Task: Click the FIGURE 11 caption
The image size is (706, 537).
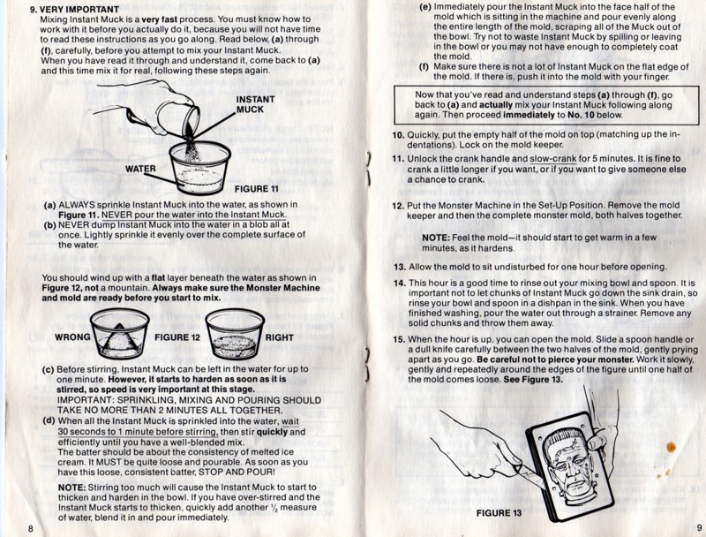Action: coord(256,189)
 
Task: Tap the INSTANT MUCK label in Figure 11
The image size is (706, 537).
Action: coord(255,104)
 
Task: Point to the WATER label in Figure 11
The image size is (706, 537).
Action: coord(140,169)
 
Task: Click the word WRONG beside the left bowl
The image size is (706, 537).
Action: coord(72,337)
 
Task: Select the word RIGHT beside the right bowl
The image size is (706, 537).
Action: coord(279,337)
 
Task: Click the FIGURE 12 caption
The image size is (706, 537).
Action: coord(177,337)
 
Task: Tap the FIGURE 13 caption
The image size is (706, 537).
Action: coord(499,513)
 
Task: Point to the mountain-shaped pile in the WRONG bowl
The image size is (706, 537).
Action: coord(118,340)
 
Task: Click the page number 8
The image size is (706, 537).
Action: coord(31,528)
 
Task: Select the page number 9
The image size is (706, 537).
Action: coord(699,527)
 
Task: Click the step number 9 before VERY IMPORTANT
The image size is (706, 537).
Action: coord(33,9)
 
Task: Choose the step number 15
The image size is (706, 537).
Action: coord(399,339)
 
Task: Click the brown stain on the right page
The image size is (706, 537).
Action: coord(671,447)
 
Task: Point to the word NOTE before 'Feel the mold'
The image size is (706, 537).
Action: coord(436,238)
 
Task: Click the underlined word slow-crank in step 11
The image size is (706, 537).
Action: coord(553,159)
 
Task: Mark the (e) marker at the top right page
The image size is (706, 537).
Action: coord(425,8)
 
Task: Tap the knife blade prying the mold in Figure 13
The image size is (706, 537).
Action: coord(527,473)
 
